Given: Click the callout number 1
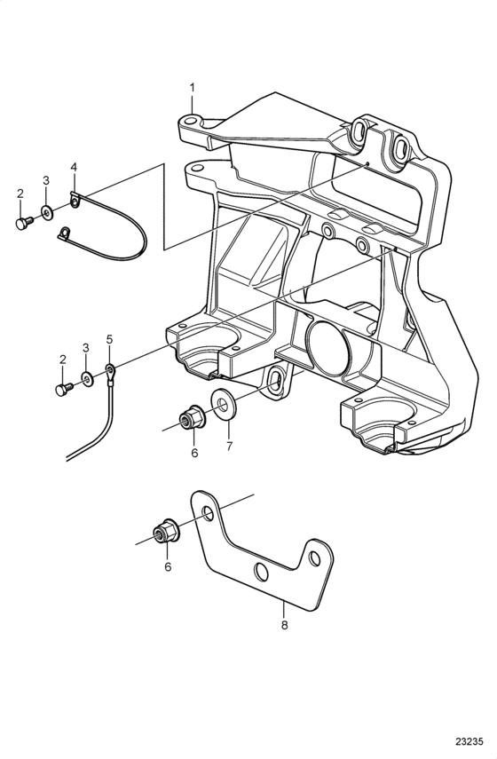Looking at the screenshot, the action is point(192,88).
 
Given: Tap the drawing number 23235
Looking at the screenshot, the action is point(469,741).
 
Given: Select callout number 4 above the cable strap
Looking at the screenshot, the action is point(74,167).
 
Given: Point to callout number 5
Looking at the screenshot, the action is point(109,339).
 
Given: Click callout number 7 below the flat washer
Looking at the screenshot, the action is point(229,446).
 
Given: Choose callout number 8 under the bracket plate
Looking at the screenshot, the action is point(284,625).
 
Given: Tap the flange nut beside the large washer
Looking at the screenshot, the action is point(191,418).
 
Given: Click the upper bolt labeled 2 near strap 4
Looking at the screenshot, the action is point(24,223).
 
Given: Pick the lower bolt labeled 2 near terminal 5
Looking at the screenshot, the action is point(64,389).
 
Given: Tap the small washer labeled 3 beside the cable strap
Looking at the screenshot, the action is point(47,212).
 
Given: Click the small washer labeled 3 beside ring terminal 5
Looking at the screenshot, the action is point(88,379).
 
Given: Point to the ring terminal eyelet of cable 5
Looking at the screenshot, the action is point(110,371).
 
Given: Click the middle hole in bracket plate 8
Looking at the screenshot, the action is point(261,573).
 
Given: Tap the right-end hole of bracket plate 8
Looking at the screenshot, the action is point(314,558).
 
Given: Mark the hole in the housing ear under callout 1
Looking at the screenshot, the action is point(192,120).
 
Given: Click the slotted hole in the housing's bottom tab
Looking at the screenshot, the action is point(275,381).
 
